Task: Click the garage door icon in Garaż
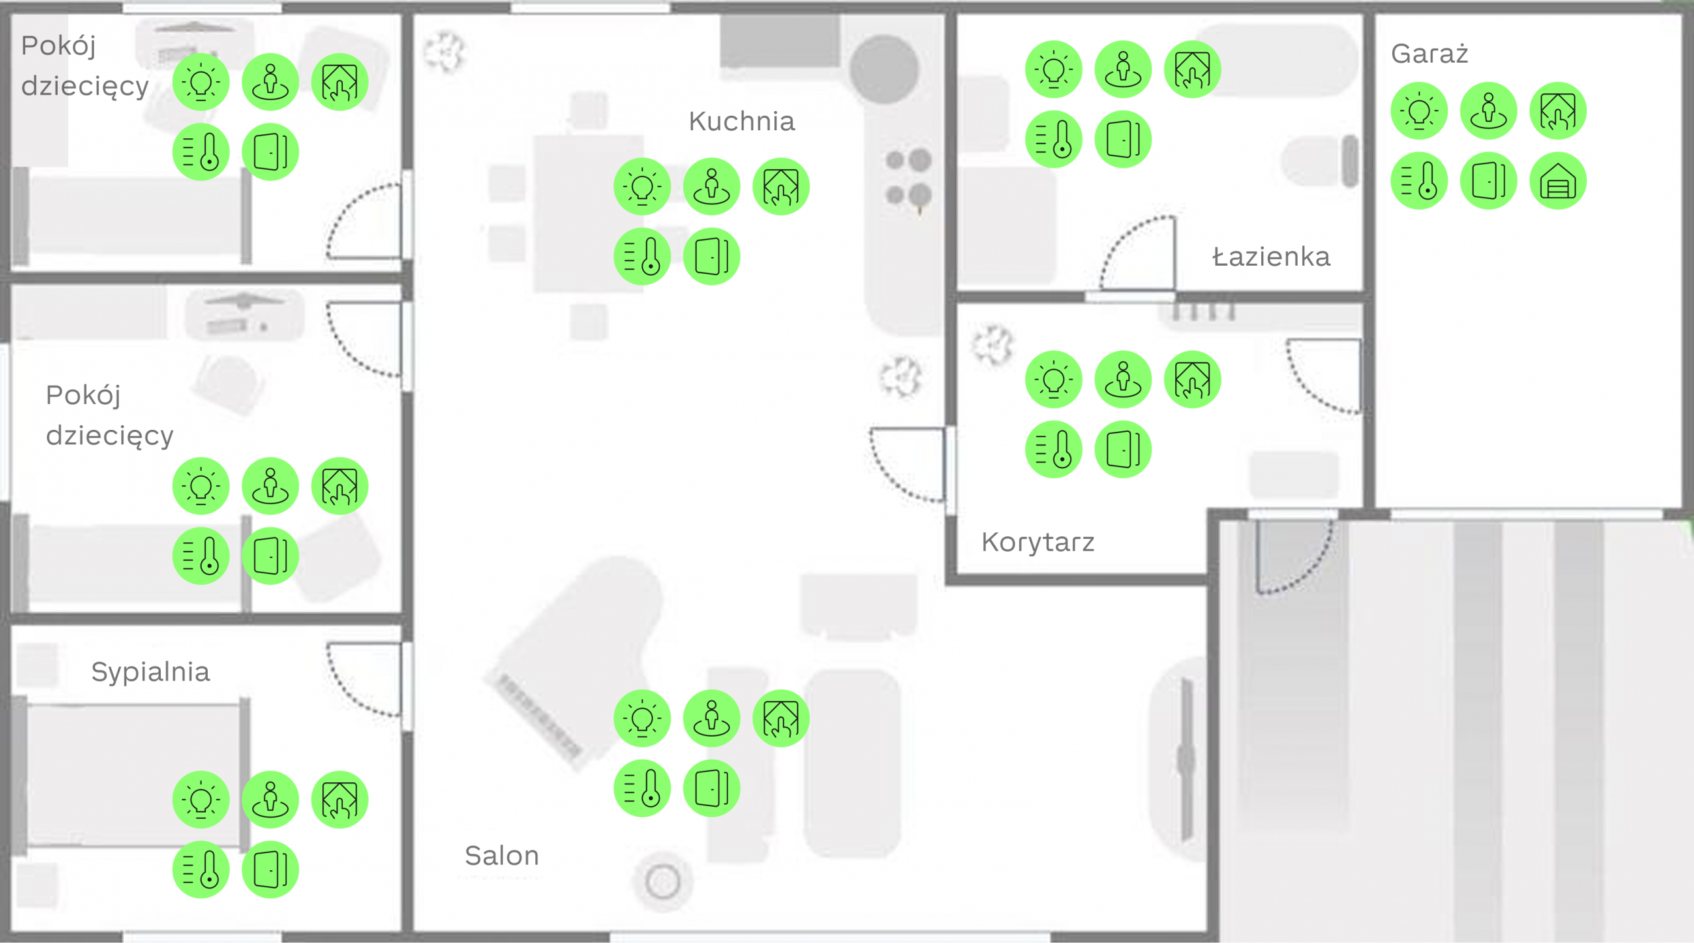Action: tap(1558, 181)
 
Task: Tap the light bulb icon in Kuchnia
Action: tap(642, 186)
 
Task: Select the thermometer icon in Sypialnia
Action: tap(201, 869)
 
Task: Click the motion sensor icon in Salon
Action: tap(711, 719)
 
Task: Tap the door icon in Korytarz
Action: tap(1123, 450)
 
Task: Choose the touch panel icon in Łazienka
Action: tap(1192, 69)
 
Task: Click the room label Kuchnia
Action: tap(742, 122)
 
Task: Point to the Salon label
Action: tap(502, 856)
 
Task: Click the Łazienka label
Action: tap(1271, 257)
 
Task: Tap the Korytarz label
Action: tap(1038, 542)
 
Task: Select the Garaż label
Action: tap(1429, 53)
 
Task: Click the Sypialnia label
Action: tap(150, 673)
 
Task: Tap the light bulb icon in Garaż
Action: tap(1419, 111)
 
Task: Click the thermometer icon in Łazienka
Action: tap(1053, 140)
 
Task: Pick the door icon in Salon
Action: tap(711, 788)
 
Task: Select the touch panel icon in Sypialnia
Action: tap(340, 799)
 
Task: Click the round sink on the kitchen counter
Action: tap(884, 69)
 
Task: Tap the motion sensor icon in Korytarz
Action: tap(1123, 380)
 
